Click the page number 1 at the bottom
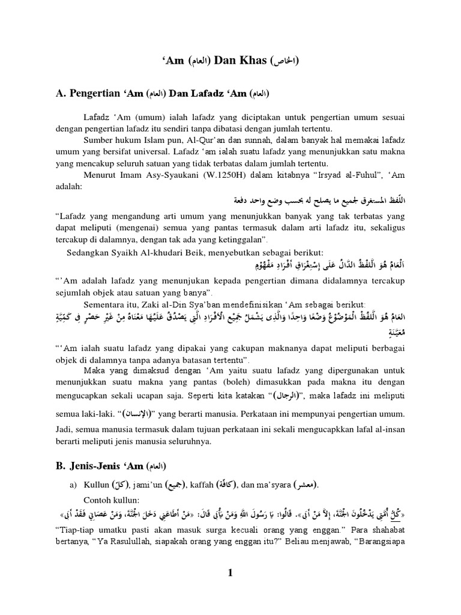point(230,574)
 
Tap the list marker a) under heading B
point(76,485)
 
